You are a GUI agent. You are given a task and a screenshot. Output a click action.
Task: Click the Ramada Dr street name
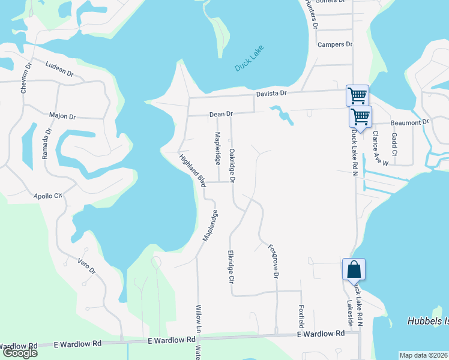click(46, 143)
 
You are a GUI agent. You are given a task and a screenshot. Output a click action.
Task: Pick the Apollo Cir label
click(48, 196)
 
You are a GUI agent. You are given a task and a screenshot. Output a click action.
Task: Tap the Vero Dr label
click(87, 266)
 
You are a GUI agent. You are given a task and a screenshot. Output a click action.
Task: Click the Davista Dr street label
click(273, 94)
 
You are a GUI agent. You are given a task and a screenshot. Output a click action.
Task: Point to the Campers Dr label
click(334, 44)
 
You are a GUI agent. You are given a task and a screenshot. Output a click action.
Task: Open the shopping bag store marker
click(354, 269)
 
